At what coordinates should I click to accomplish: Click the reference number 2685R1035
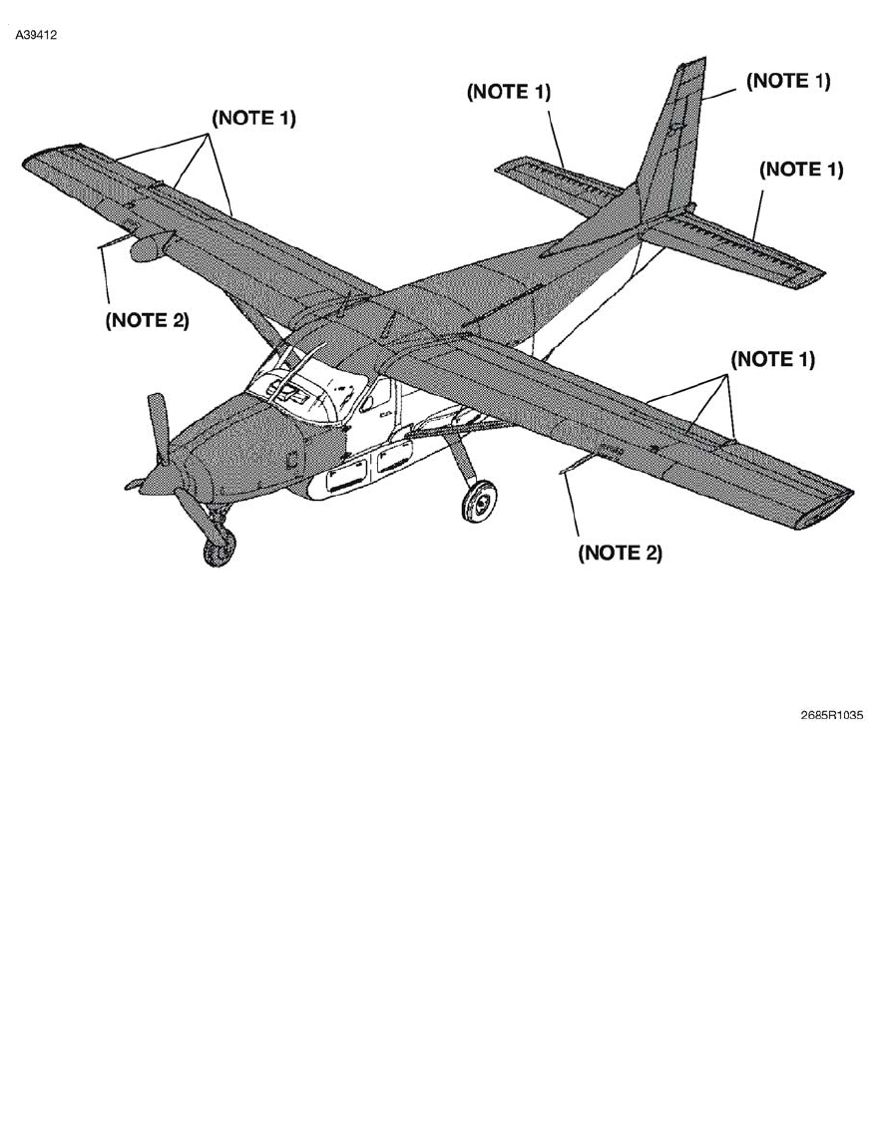click(831, 715)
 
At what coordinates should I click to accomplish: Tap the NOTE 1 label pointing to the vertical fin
click(787, 82)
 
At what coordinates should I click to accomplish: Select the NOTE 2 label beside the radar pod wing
click(147, 320)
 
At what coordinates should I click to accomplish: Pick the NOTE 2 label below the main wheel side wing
click(620, 553)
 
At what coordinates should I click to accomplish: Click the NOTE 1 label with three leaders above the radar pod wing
click(253, 118)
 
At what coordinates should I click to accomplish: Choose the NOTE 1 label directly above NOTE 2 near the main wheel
click(772, 359)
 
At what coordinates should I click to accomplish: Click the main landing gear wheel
click(480, 501)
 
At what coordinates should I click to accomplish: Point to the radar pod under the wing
click(150, 246)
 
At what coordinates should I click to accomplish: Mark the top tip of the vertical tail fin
click(691, 64)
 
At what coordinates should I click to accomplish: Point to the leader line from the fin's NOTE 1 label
click(722, 96)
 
